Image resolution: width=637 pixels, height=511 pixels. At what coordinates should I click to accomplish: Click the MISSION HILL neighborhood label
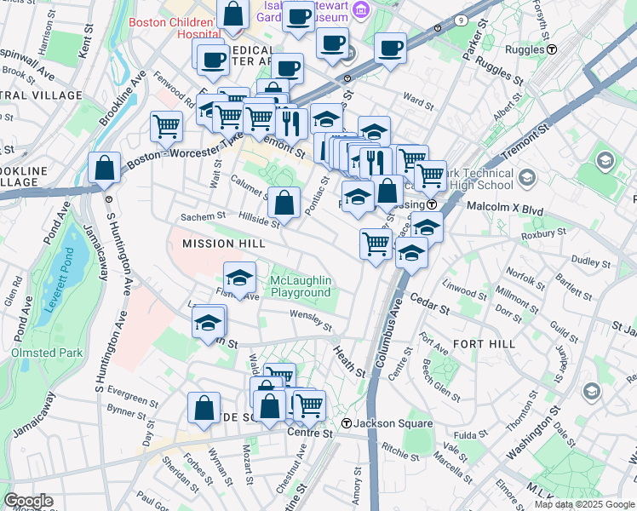tap(218, 244)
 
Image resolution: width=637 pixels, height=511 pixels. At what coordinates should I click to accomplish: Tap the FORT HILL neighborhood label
tap(485, 343)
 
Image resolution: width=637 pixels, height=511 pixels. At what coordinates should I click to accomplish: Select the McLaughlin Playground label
tap(301, 287)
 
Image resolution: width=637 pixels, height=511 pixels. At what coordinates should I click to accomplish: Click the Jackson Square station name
tap(393, 423)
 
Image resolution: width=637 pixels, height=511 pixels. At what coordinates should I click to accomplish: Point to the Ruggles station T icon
tap(552, 49)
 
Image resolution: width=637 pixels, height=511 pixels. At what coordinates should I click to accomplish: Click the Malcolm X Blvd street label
tap(507, 207)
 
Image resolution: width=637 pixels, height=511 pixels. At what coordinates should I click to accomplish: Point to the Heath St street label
tap(348, 362)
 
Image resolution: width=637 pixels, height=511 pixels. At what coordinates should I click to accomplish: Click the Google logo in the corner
tap(28, 501)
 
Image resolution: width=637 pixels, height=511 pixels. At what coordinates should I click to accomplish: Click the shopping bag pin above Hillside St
tap(284, 202)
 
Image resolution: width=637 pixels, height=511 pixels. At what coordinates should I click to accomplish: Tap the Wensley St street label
tap(310, 319)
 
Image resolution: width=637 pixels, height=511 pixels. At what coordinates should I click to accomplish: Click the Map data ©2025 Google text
tap(583, 504)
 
